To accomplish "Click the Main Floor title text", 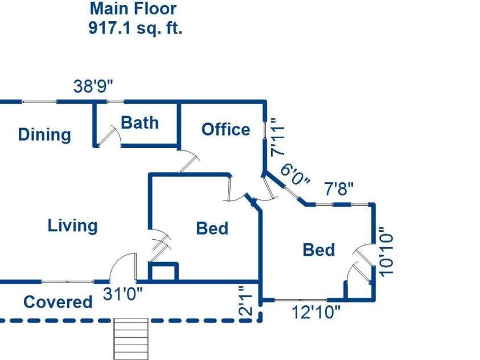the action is (x=133, y=9).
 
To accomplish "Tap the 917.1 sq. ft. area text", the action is (x=136, y=28).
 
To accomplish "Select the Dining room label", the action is (x=44, y=134).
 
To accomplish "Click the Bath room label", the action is (x=140, y=123).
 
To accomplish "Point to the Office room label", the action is (x=226, y=129).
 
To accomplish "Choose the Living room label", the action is (x=73, y=226).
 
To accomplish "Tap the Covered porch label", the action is (x=58, y=302).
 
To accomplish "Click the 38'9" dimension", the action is (x=93, y=86).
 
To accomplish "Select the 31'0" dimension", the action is (x=123, y=294).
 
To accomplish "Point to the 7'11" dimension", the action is (x=278, y=138).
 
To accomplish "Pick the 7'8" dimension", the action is (x=339, y=189).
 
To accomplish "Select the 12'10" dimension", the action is (x=316, y=313).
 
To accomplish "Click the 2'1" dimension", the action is (x=245, y=301).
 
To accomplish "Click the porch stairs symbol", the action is (x=132, y=339).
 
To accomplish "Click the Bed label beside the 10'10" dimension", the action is (x=319, y=250).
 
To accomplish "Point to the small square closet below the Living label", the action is (x=163, y=271).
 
